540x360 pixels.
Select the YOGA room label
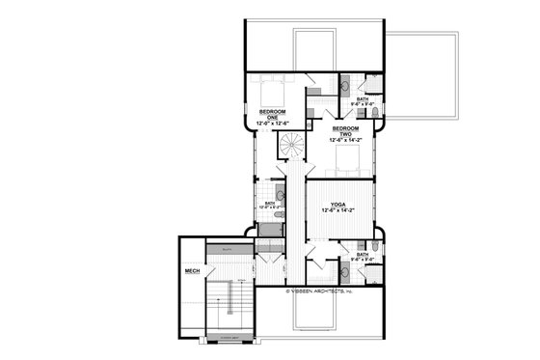[337, 205]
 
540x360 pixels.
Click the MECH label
[192, 272]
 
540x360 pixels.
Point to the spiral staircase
[290, 145]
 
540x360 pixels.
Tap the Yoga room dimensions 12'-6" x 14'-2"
[337, 212]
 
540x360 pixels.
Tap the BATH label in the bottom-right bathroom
[363, 254]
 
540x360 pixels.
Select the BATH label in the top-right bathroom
[363, 98]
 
